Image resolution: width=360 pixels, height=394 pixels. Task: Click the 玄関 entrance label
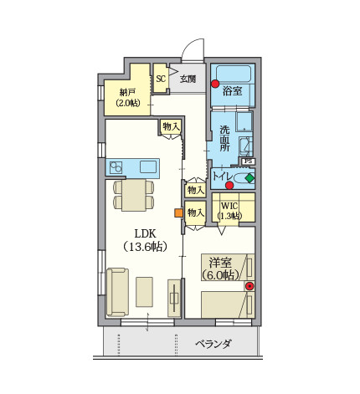(188, 79)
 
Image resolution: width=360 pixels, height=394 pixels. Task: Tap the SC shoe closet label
(161, 79)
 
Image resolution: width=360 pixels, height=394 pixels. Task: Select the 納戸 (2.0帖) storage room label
(128, 98)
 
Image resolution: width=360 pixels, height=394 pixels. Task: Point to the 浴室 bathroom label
(232, 91)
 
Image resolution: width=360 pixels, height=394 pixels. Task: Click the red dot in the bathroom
(215, 84)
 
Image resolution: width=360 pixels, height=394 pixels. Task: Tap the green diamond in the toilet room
(249, 178)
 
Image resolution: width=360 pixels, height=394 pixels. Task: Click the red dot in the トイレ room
(229, 185)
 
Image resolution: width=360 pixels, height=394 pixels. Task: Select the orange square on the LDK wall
(178, 212)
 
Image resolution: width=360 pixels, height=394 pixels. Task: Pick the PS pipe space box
(248, 161)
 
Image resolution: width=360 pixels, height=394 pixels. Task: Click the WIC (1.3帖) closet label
(229, 211)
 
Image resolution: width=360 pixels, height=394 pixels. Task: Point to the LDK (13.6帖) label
(145, 240)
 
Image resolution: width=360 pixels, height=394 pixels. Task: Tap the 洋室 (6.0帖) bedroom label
(220, 269)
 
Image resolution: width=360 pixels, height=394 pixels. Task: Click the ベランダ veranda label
(213, 344)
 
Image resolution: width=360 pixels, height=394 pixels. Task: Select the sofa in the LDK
(117, 292)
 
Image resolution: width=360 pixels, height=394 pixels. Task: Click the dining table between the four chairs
(134, 195)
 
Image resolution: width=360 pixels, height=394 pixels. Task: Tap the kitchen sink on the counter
(147, 166)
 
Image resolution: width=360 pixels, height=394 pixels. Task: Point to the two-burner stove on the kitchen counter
(116, 167)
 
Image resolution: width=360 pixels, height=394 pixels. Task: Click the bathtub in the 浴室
(234, 74)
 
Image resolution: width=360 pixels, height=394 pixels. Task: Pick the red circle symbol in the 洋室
(249, 286)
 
